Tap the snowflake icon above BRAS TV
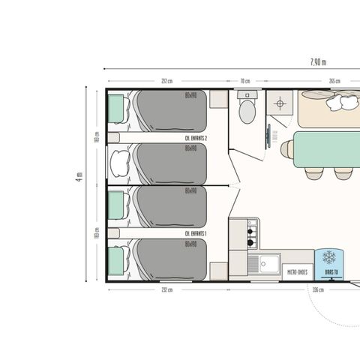click(329, 257)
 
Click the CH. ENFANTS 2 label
click(196, 139)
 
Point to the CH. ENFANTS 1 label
click(196, 234)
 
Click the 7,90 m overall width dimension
click(318, 62)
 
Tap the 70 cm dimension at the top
click(244, 81)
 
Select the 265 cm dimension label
click(334, 81)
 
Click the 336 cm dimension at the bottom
click(317, 289)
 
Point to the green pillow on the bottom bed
click(116, 262)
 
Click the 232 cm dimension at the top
click(166, 81)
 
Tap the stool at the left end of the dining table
click(286, 148)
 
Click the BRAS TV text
click(329, 272)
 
